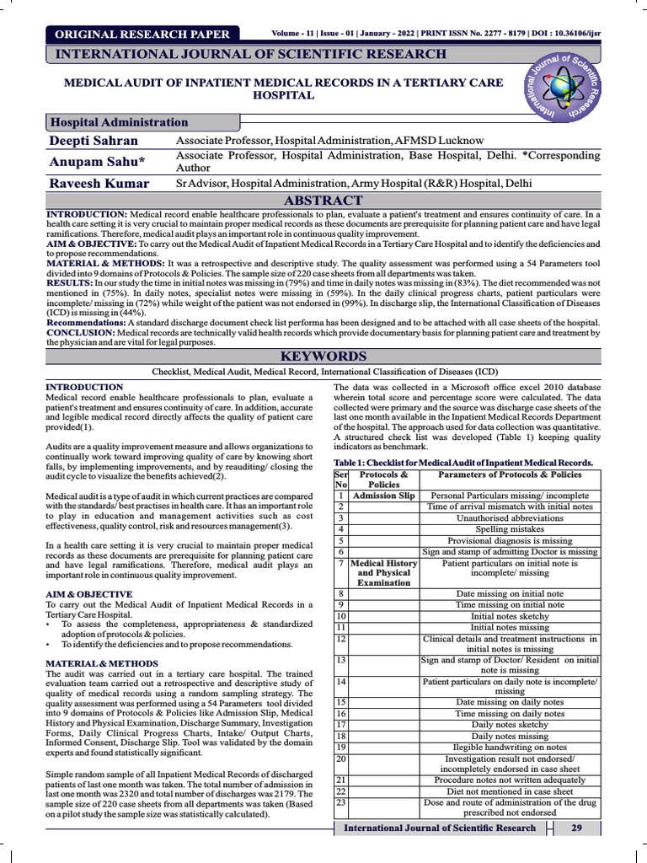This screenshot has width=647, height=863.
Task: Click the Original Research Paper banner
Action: (142, 34)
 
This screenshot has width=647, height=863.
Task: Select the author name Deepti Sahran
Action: (93, 141)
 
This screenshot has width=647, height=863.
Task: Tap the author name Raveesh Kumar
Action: (99, 183)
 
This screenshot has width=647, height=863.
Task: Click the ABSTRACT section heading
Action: (323, 201)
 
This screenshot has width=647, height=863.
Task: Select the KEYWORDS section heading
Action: (323, 356)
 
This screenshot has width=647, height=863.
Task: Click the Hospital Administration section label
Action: (120, 122)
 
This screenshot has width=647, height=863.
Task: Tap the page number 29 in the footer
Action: (576, 828)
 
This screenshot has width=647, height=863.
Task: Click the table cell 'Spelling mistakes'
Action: (510, 529)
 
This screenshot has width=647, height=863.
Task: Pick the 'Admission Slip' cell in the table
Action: (383, 496)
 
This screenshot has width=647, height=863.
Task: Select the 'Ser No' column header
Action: (341, 480)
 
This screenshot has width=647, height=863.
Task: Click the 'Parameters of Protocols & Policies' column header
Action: (510, 474)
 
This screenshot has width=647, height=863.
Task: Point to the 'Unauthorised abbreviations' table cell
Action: (510, 518)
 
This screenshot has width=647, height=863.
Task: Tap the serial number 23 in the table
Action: (341, 802)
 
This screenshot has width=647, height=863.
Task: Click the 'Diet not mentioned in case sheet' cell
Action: (510, 791)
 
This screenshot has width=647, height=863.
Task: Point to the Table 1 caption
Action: (463, 463)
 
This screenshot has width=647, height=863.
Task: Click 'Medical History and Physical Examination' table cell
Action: (383, 572)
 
